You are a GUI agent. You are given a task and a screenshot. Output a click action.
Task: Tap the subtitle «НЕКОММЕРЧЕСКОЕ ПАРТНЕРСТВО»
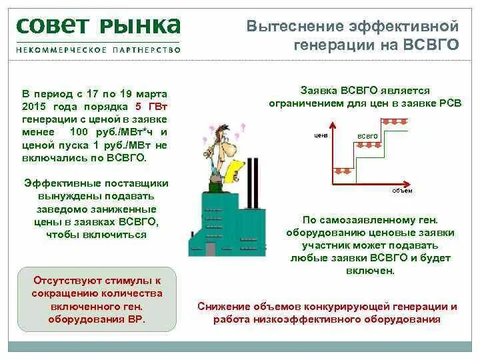click(98, 49)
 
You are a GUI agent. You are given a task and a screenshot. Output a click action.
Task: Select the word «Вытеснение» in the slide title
click(295, 27)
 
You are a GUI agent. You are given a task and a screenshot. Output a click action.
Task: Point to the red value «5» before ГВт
click(138, 106)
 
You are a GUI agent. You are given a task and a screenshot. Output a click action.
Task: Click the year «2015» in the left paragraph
click(34, 106)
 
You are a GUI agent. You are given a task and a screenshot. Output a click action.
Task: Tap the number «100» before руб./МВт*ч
click(79, 131)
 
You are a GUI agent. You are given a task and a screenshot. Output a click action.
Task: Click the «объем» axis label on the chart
click(402, 191)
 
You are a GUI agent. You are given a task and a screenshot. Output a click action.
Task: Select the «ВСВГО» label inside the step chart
click(367, 136)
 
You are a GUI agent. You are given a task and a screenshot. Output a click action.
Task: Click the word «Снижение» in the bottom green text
click(224, 307)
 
